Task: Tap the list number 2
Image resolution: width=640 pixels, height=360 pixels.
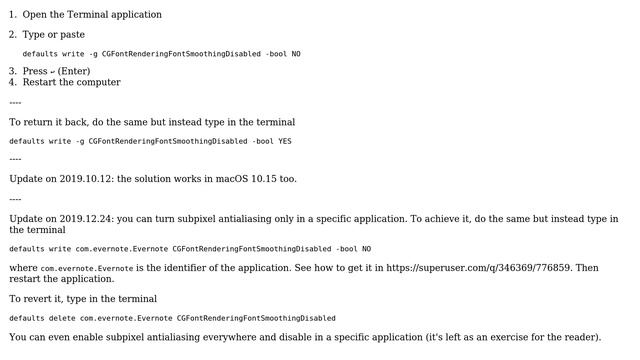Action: [12, 35]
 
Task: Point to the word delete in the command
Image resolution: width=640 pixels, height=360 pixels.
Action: [53, 318]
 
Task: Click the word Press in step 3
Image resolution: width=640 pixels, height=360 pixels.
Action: [35, 71]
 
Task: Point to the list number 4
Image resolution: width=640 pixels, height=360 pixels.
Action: [12, 82]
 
